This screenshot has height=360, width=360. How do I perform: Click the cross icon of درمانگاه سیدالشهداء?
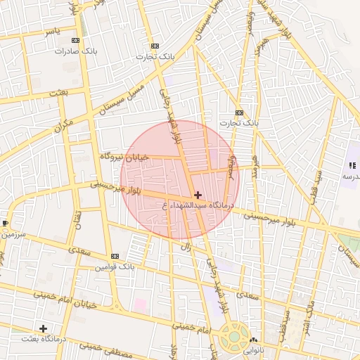point(198,195)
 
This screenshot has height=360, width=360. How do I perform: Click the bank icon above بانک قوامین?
point(115,256)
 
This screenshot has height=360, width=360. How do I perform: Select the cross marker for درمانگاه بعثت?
point(43,328)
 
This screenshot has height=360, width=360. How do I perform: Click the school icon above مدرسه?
point(350,165)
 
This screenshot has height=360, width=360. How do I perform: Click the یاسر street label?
point(52,32)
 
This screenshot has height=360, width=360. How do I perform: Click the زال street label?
point(187,247)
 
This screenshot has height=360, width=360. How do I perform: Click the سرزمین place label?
point(12,233)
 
